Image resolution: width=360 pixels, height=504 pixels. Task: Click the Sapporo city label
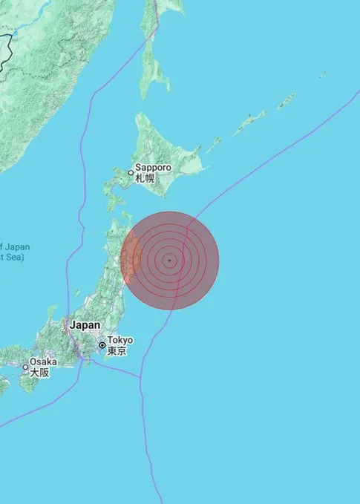click(x=153, y=168)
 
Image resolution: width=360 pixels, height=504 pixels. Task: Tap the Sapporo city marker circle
click(x=131, y=173)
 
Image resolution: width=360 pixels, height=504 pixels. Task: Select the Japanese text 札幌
click(x=144, y=178)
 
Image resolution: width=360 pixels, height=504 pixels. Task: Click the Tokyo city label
click(x=120, y=340)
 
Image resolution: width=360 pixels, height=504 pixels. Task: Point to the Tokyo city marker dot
click(x=102, y=345)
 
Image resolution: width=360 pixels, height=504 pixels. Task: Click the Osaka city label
click(x=44, y=362)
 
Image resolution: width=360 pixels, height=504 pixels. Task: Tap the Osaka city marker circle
click(x=25, y=367)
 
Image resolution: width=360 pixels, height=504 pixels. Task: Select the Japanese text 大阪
click(x=39, y=373)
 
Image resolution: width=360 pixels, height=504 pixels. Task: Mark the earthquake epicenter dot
click(x=170, y=261)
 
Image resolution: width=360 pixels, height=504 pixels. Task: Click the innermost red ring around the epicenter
click(x=170, y=253)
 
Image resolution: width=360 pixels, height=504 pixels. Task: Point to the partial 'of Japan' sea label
click(x=15, y=246)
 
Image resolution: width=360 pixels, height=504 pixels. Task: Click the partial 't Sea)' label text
click(x=13, y=258)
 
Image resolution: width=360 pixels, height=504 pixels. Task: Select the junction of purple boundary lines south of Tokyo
click(x=141, y=376)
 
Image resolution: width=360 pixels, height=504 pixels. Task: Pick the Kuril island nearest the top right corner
click(x=323, y=75)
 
